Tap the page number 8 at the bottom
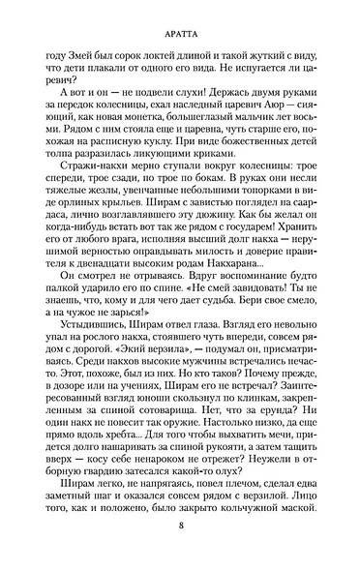click(x=181, y=551)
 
